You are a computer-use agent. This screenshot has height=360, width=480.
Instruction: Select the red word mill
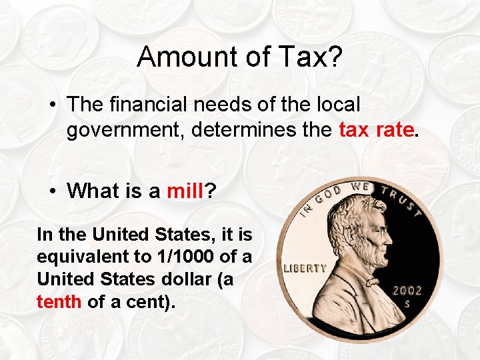[x=185, y=191]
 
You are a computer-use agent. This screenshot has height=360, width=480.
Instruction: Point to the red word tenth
[x=59, y=301]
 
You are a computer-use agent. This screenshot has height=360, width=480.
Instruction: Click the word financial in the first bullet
[x=152, y=104]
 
